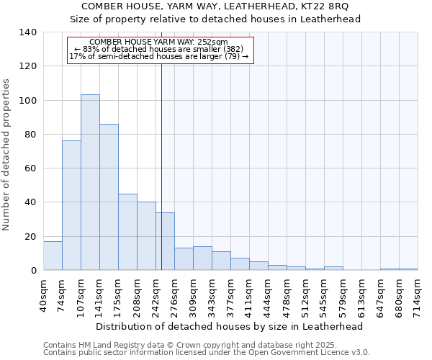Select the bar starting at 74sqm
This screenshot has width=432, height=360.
[71, 205]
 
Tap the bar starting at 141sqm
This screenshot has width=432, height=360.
[109, 197]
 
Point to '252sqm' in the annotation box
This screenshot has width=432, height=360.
[212, 42]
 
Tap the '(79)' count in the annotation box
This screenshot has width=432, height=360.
[233, 57]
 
